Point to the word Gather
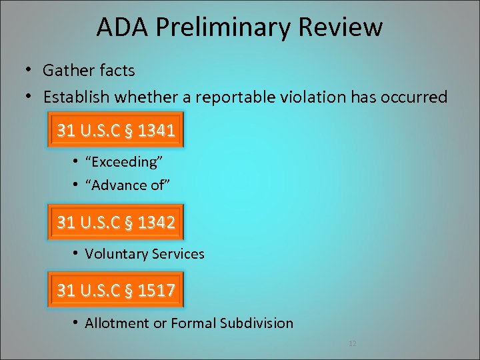(67, 70)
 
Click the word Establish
(77, 97)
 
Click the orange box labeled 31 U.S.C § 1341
(117, 131)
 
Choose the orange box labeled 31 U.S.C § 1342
(117, 222)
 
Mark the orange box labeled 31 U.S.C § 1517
(117, 290)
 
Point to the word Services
(177, 254)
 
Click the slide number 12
(353, 343)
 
